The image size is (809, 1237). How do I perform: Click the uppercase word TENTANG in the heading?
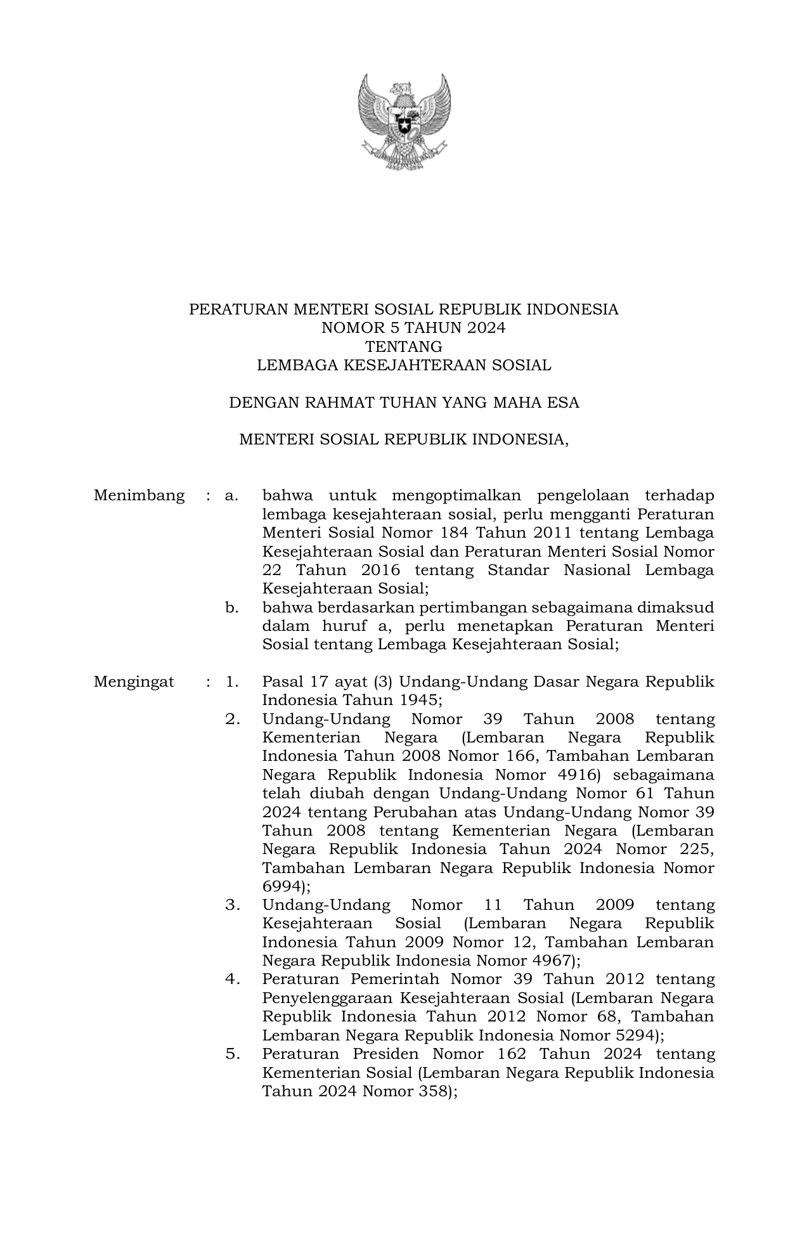[404, 347]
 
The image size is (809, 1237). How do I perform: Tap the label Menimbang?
[139, 495]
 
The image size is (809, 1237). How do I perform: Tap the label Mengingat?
[134, 682]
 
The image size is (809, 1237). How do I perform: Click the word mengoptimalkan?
[456, 495]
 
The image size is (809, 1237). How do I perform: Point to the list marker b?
[231, 607]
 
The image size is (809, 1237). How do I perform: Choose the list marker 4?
[231, 980]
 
